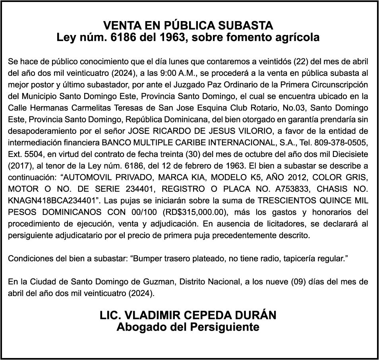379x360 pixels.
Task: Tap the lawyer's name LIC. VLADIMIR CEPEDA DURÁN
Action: pyautogui.click(x=188, y=315)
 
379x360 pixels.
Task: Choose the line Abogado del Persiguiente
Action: pyautogui.click(x=188, y=327)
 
